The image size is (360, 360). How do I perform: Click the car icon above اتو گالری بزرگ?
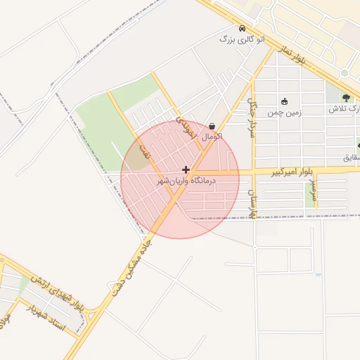tap(243, 30)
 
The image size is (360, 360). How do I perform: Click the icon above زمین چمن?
tap(285, 101)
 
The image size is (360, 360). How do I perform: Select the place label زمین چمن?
tap(285, 111)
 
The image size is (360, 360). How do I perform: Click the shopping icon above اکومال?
tap(212, 126)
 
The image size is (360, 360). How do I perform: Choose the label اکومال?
tap(212, 136)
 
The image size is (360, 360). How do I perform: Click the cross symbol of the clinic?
tap(186, 169)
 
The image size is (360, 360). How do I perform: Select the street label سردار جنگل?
tap(251, 116)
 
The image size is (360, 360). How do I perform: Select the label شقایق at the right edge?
tap(352, 157)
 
